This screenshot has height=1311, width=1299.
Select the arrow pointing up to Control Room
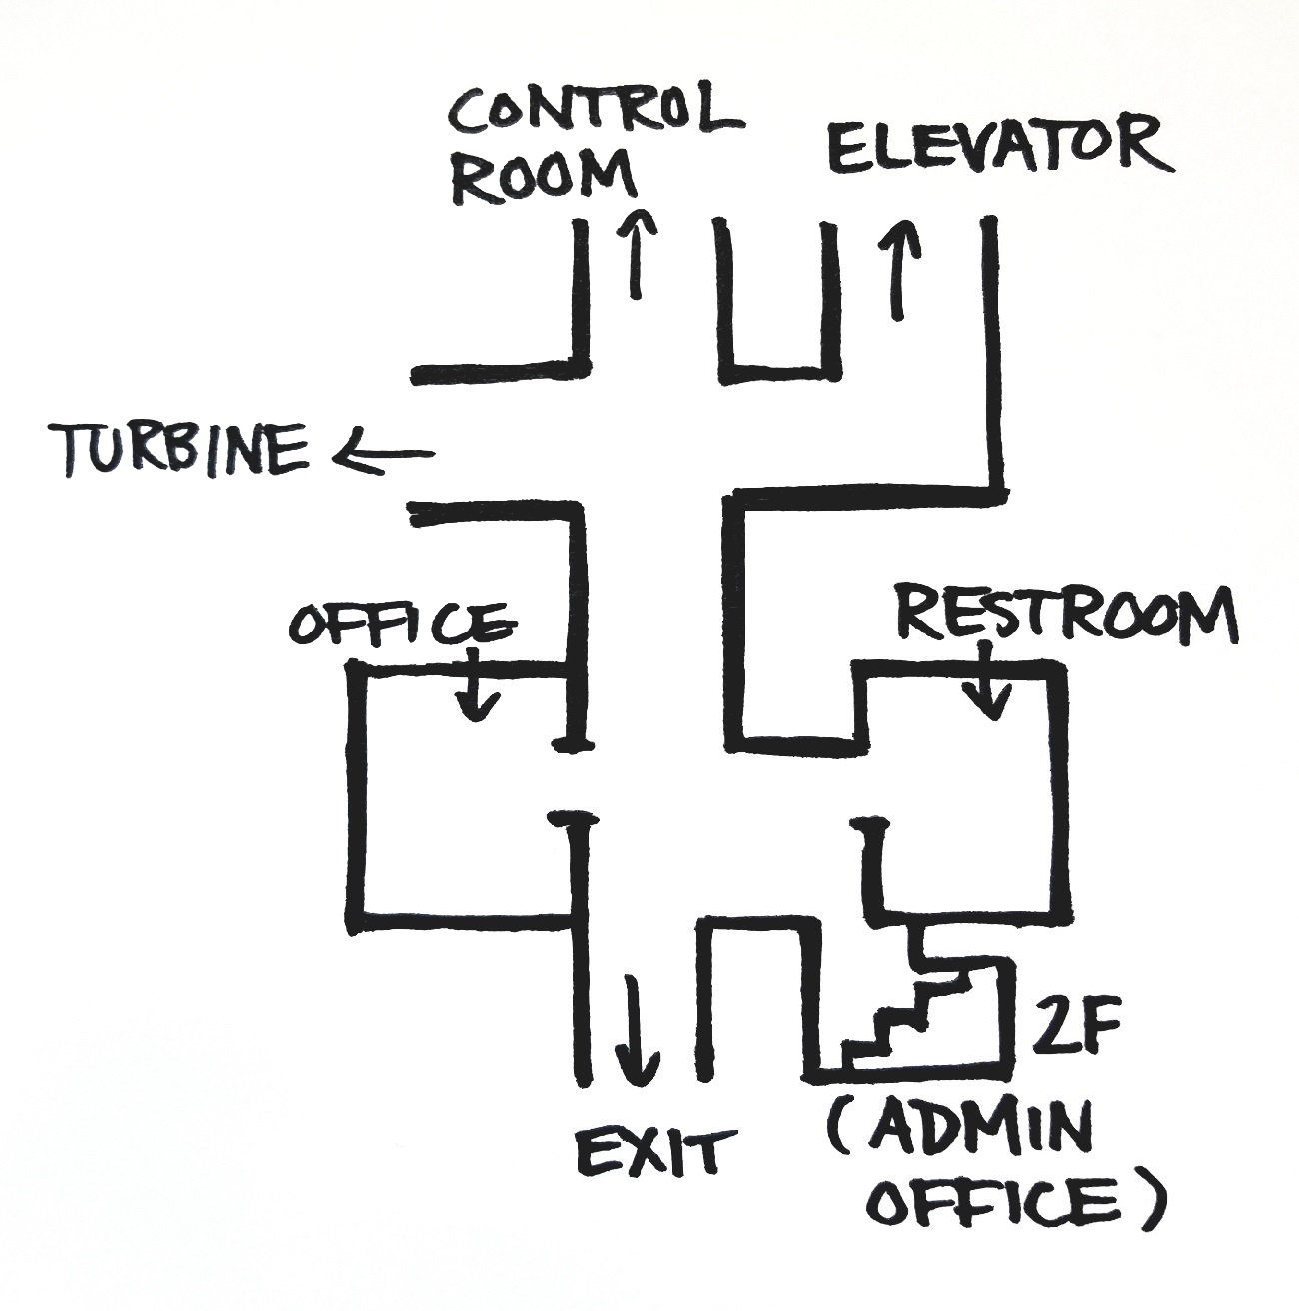[634, 252]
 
